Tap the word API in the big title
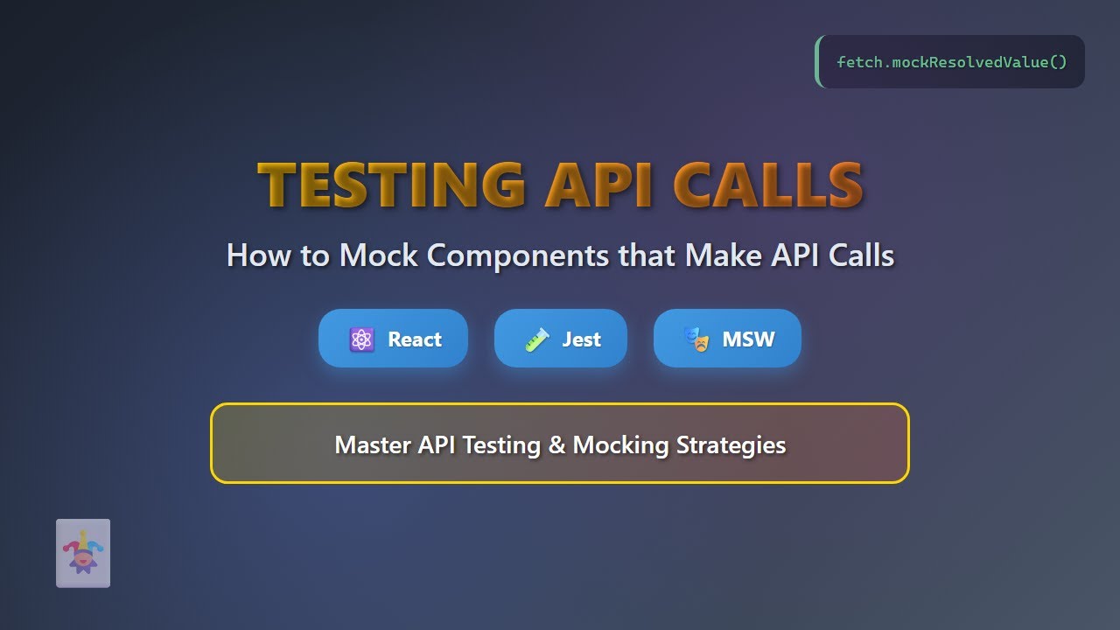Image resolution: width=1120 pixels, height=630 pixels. pyautogui.click(x=598, y=185)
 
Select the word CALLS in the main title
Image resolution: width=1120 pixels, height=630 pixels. pyautogui.click(x=767, y=185)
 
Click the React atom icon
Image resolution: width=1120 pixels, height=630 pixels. pyautogui.click(x=361, y=339)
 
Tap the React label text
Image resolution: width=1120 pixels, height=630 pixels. pyautogui.click(x=415, y=339)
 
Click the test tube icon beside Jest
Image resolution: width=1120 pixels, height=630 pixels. pyautogui.click(x=536, y=339)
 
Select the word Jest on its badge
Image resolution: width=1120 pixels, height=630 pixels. pyautogui.click(x=581, y=339)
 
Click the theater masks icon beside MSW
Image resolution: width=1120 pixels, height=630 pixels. pyautogui.click(x=696, y=339)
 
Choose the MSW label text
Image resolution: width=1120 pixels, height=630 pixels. pyautogui.click(x=748, y=339)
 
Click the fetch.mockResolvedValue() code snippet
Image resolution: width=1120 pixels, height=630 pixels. pyautogui.click(x=952, y=62)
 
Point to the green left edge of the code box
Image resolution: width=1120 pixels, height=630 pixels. pyautogui.click(x=818, y=62)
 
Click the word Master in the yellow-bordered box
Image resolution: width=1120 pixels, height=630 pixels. pyautogui.click(x=373, y=444)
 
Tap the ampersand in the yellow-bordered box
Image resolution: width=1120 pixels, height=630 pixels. pyautogui.click(x=556, y=444)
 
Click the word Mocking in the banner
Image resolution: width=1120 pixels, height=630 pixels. pyautogui.click(x=620, y=444)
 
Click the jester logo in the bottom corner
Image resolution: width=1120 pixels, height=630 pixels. pyautogui.click(x=83, y=553)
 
